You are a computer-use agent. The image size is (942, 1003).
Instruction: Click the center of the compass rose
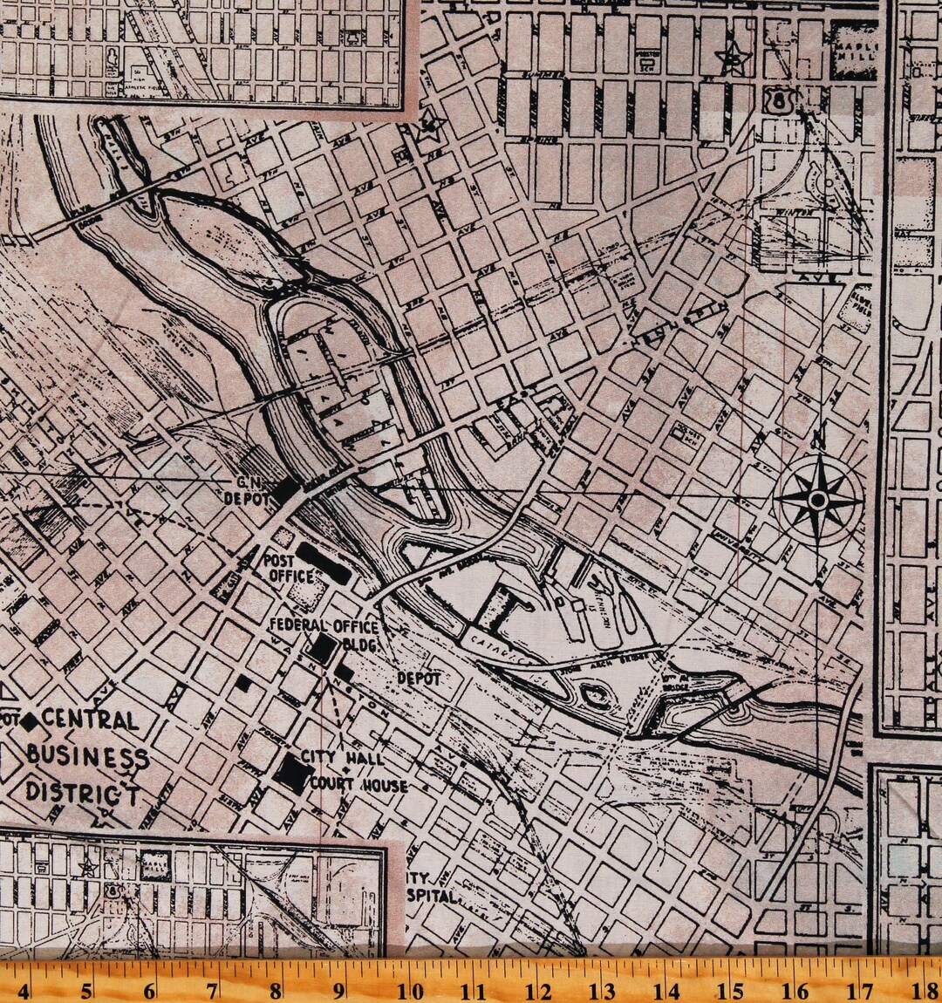pos(817,499)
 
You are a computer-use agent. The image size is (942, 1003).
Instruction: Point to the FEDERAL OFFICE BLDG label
pos(324,634)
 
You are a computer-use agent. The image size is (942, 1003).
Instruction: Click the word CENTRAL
pos(90,720)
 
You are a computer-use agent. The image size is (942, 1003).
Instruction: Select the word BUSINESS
pos(86,755)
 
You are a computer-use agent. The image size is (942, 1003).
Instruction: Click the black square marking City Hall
pos(291,771)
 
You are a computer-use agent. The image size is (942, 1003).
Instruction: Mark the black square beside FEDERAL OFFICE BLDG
pos(324,647)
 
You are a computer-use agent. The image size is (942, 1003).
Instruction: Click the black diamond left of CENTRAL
pos(30,720)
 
